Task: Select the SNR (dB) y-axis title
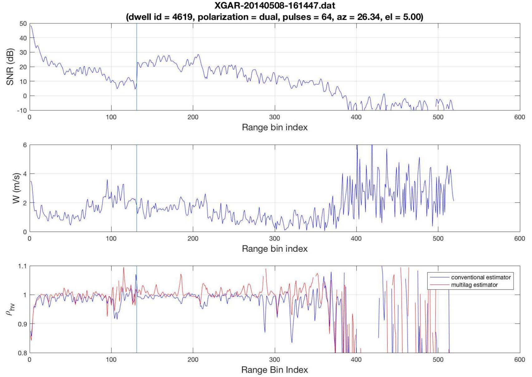[10, 67]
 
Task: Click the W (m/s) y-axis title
[16, 188]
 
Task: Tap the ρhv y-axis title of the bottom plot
[10, 309]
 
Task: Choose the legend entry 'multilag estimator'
[474, 285]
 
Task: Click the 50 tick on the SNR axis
[23, 23]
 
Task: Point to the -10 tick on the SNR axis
[22, 110]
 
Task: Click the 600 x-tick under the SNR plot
[520, 117]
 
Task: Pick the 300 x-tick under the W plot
[274, 239]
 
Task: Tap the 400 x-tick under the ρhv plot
[356, 360]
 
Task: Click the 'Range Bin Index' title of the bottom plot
[274, 370]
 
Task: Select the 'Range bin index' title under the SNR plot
[274, 127]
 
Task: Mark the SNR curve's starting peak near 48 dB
[31, 26]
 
